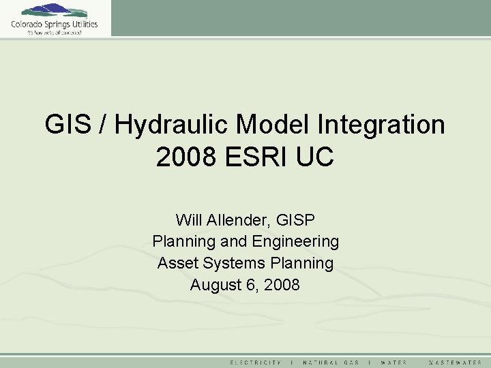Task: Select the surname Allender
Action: pyautogui.click(x=238, y=220)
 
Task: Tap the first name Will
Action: pyautogui.click(x=188, y=220)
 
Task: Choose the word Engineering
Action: pyautogui.click(x=296, y=242)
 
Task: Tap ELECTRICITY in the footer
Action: pyautogui.click(x=256, y=362)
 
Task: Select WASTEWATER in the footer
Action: pyautogui.click(x=455, y=362)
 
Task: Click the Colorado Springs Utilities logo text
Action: pyautogui.click(x=54, y=25)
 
